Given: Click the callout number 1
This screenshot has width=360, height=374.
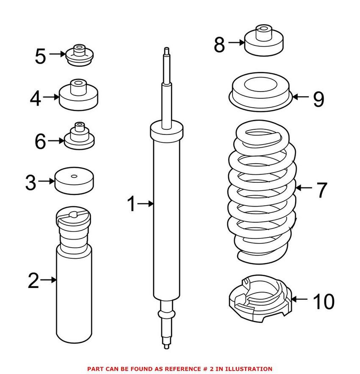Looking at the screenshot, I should [x=132, y=204].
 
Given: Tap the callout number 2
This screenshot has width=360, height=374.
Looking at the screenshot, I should [x=33, y=280].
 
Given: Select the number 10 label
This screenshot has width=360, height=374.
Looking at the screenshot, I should [x=324, y=301].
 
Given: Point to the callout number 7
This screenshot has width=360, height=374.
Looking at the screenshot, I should [x=321, y=190].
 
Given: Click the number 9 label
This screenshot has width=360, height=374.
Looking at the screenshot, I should [x=318, y=99].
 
